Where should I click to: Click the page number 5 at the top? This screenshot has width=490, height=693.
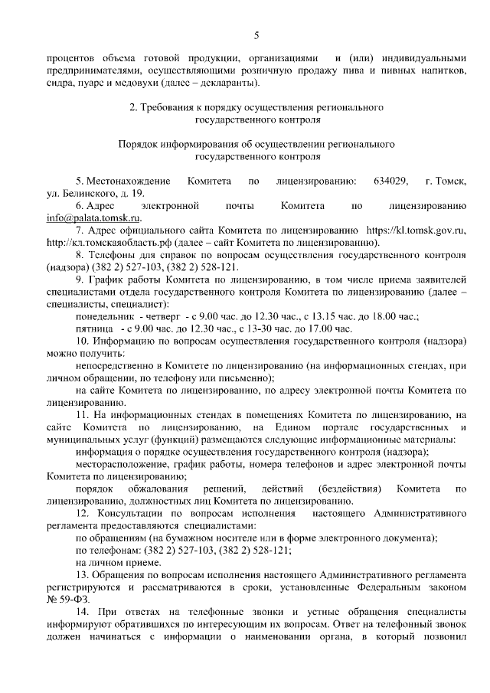coord(256,34)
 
